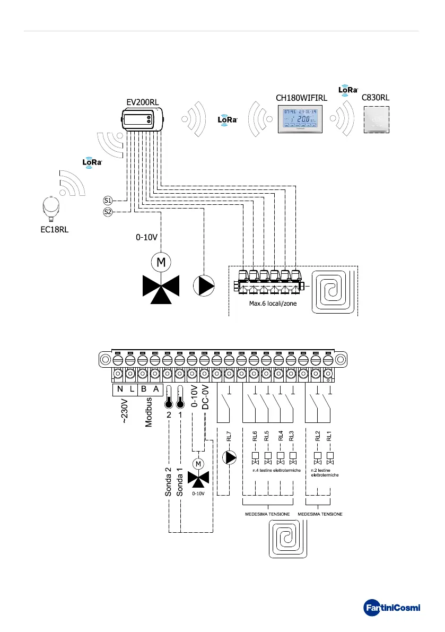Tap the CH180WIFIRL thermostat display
pos(301,118)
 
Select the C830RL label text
pos(376,98)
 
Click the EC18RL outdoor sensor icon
pos(51,207)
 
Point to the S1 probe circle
pos(108,201)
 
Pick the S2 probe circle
pos(108,212)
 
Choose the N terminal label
pos(119,388)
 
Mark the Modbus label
pos(150,411)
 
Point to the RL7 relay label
pos(229,437)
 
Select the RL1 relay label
pos(329,437)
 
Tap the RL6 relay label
pos(255,437)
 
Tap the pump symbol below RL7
pos(230,457)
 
